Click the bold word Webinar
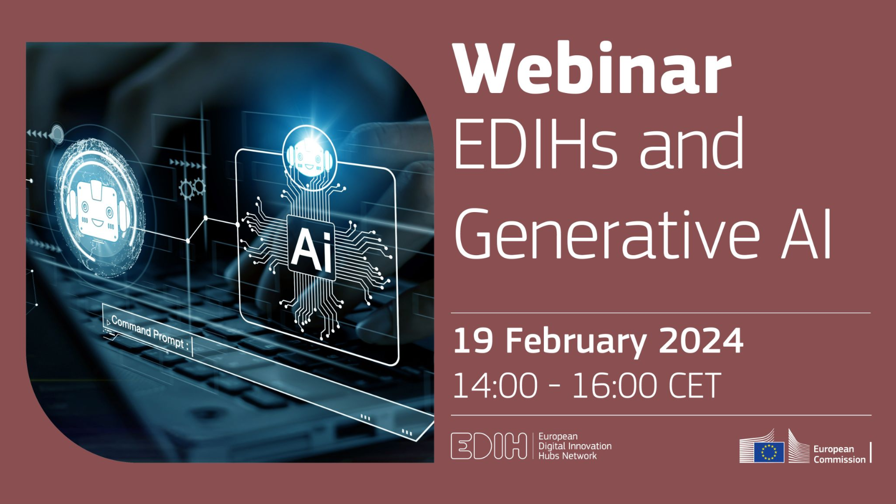tap(592, 68)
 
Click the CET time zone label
tap(695, 385)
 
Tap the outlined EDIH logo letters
tap(489, 446)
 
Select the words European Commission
tap(839, 455)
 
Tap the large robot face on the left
tap(98, 210)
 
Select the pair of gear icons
tap(192, 189)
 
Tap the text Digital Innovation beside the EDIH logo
tap(575, 446)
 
